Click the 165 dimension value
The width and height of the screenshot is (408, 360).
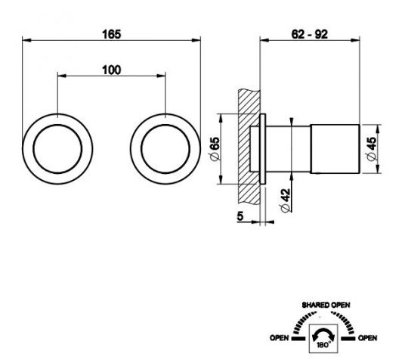pyautogui.click(x=112, y=34)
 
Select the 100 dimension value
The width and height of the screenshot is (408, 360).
pyautogui.click(x=112, y=70)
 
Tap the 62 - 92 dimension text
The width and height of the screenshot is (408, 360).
pyautogui.click(x=309, y=34)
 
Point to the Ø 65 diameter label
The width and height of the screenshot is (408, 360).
pyautogui.click(x=215, y=149)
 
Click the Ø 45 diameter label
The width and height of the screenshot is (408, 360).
pyautogui.click(x=372, y=149)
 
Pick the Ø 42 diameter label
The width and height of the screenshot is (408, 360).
pyautogui.click(x=285, y=200)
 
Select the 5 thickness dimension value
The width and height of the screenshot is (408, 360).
pyautogui.click(x=240, y=216)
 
